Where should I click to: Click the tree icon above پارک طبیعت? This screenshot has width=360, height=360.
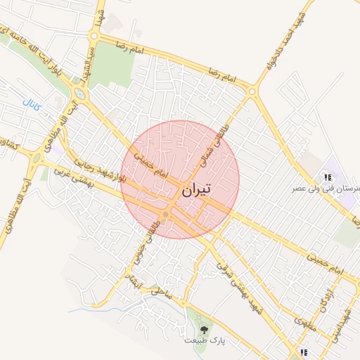205,328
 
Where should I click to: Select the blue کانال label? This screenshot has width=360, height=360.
33,107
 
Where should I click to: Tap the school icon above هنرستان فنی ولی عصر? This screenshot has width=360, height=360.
328,176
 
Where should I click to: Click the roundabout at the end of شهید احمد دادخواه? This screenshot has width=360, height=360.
252,91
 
